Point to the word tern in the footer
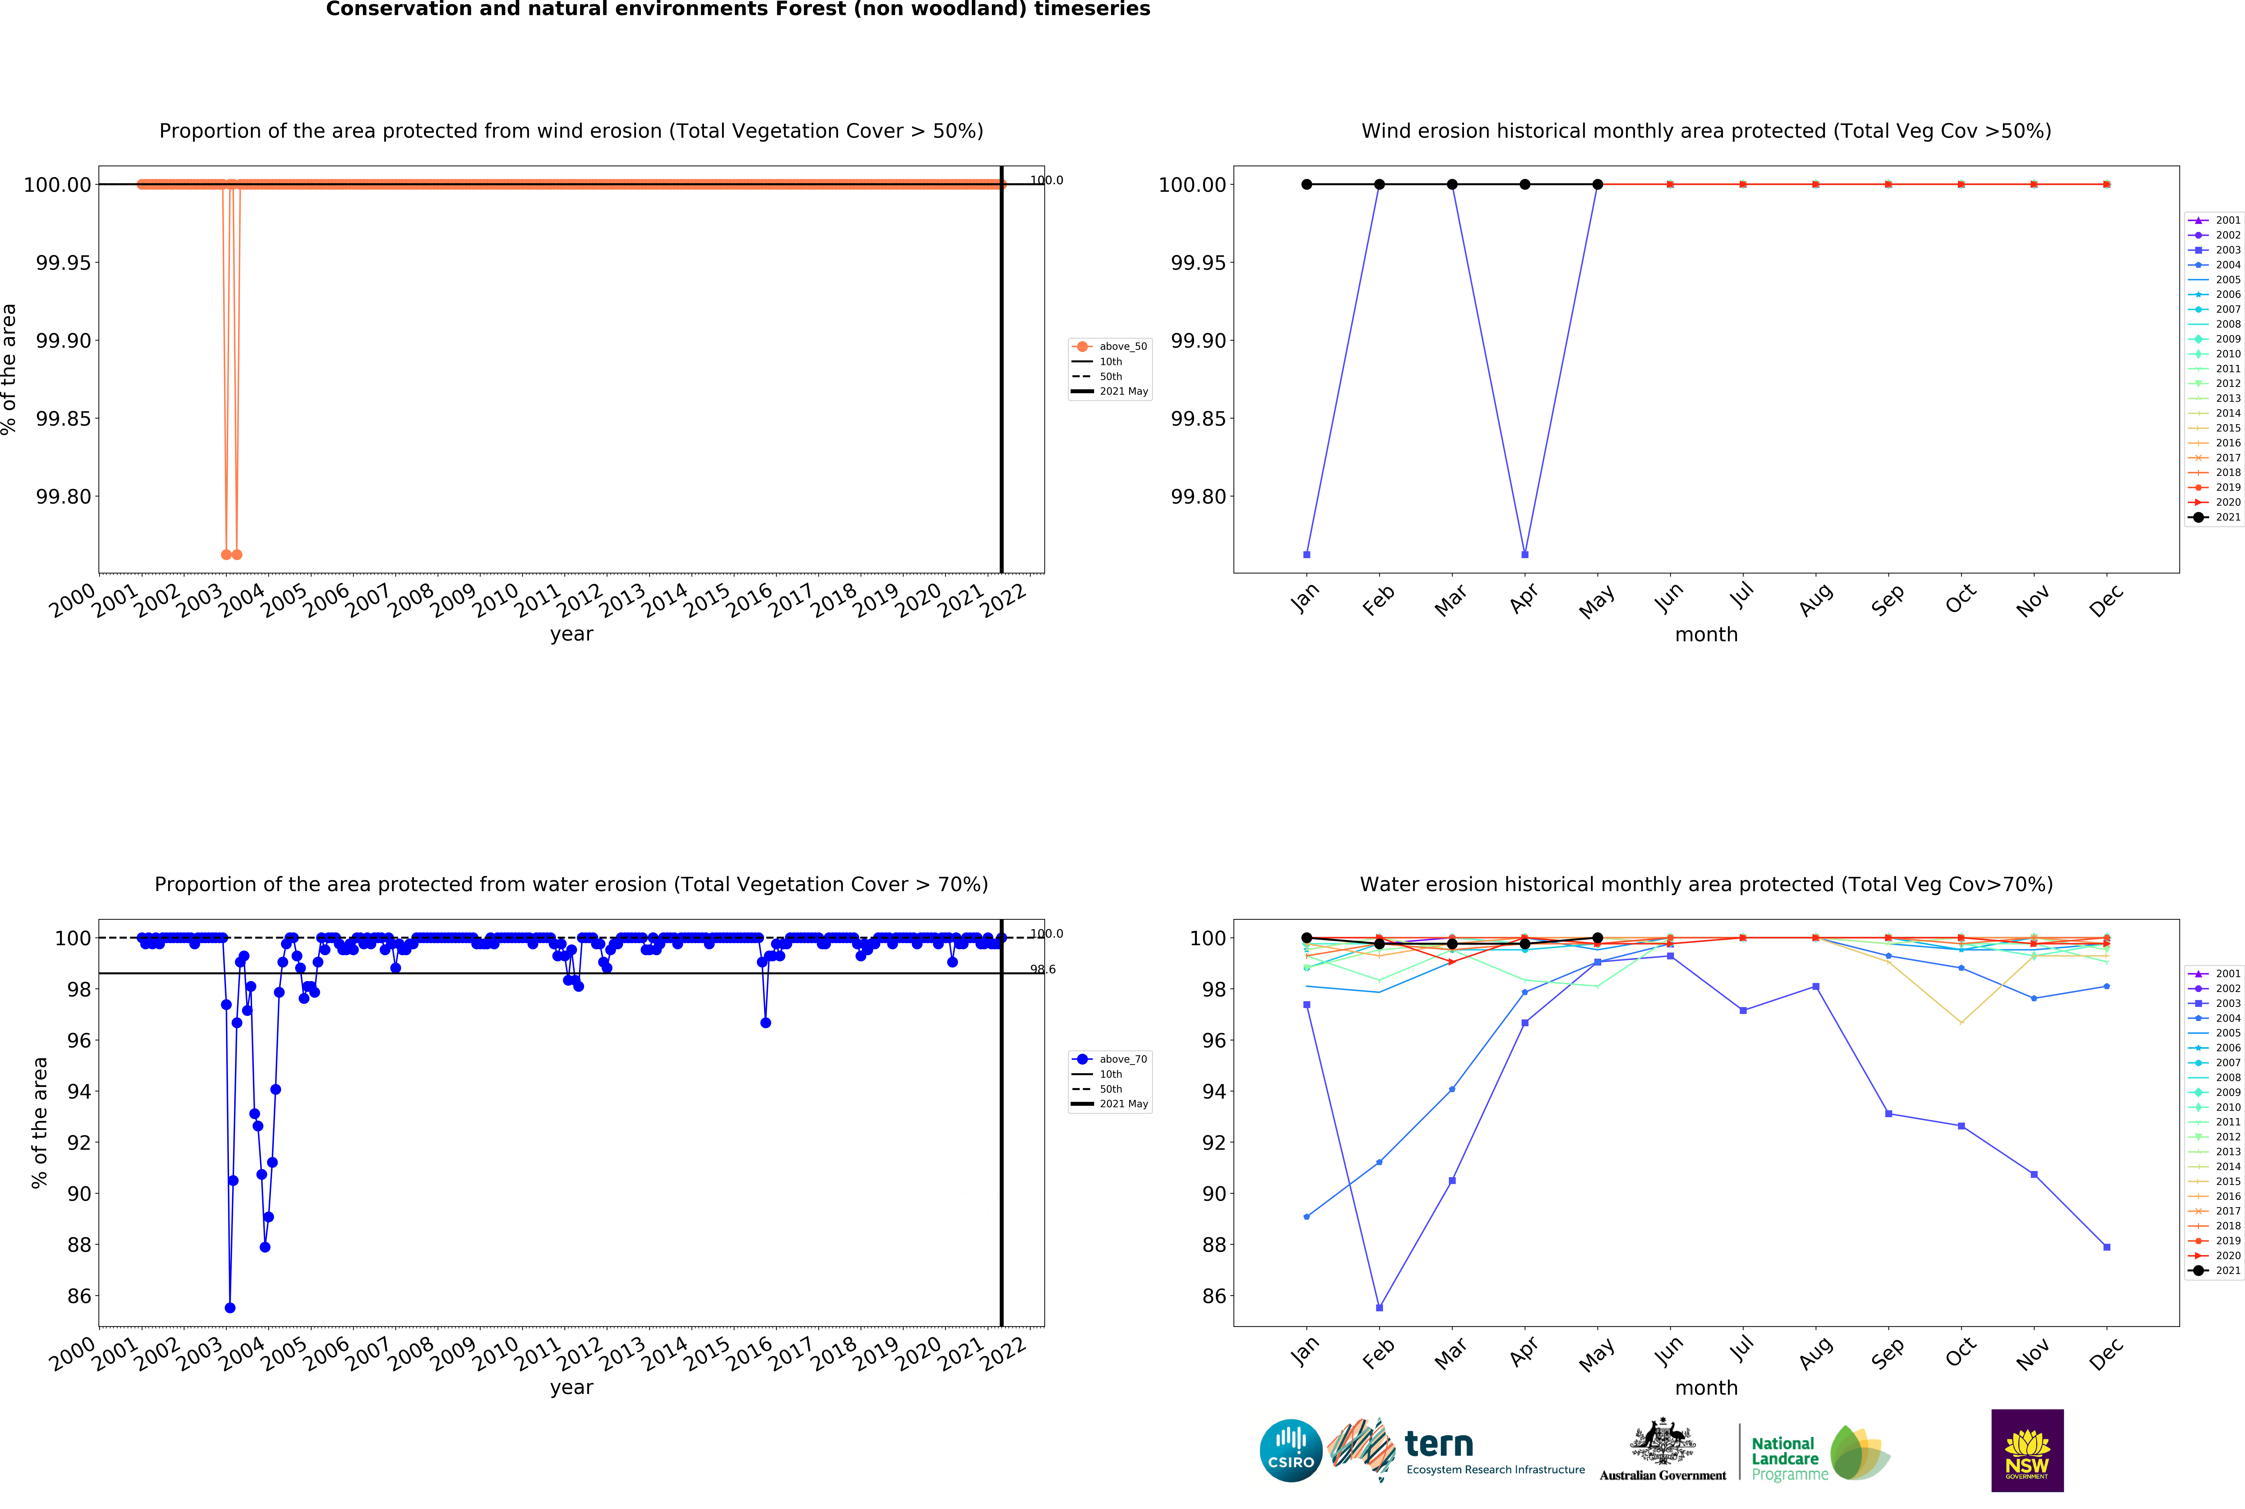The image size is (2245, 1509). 1439,1444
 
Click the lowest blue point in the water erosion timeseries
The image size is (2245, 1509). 230,1308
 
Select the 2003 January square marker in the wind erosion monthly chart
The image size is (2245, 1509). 1307,554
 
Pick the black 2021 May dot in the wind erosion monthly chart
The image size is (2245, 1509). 1597,184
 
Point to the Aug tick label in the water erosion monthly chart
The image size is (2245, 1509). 1815,1354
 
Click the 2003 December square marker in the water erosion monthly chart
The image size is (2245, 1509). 2106,1247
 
